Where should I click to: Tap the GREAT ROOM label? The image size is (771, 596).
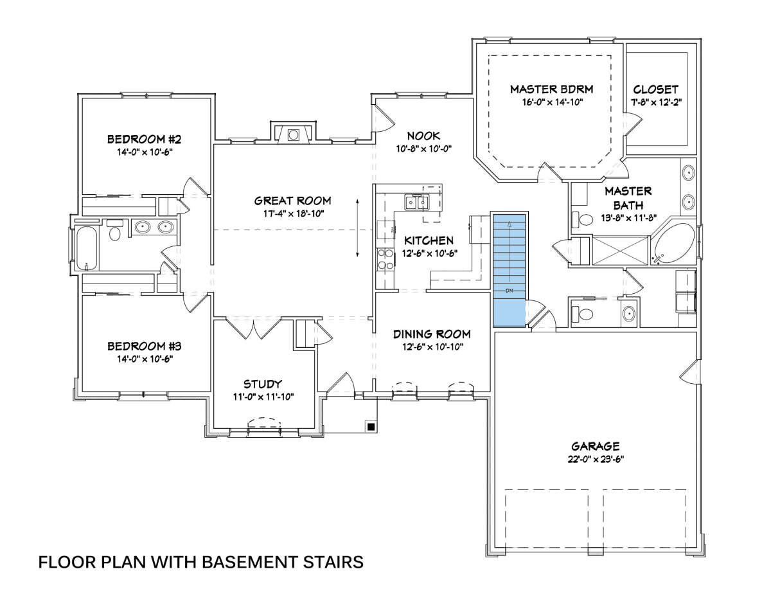click(x=293, y=201)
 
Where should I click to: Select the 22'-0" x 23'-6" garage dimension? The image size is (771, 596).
click(x=596, y=459)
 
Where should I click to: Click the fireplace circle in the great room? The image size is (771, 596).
click(x=293, y=134)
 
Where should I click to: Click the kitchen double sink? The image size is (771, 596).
click(x=417, y=203)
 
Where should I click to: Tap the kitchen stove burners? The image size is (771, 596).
click(x=385, y=258)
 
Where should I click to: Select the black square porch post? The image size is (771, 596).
click(x=371, y=427)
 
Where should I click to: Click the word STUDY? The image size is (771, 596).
click(x=263, y=384)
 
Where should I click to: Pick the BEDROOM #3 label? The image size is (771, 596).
click(x=145, y=346)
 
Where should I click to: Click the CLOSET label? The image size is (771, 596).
click(x=656, y=89)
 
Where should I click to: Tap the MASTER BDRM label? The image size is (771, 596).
click(x=552, y=89)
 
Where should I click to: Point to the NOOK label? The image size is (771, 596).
click(x=423, y=136)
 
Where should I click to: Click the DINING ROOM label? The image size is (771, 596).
click(x=432, y=334)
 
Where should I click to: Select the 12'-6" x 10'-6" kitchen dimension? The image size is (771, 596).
click(x=430, y=253)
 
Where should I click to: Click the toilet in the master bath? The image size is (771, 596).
click(x=582, y=219)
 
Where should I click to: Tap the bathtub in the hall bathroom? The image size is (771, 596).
click(x=86, y=249)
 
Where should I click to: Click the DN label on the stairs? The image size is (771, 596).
click(x=509, y=291)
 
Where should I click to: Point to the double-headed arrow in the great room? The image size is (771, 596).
click(x=357, y=228)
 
